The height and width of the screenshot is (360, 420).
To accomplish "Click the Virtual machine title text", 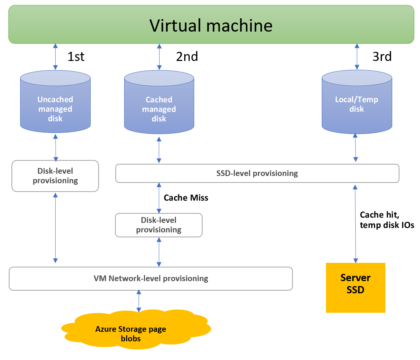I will tap(211, 26).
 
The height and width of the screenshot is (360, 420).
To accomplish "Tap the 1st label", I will tap(76, 56).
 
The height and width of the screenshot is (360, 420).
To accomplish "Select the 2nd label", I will tap(187, 56).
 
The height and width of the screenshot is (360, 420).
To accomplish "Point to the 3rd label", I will tap(382, 56).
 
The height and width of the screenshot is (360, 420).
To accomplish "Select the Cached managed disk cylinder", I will tap(159, 103).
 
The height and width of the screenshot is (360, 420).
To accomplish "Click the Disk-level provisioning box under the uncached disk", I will tap(55, 176).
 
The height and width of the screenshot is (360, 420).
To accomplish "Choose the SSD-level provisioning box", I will tap(257, 173).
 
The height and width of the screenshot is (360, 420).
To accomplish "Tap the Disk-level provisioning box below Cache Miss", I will tap(159, 225).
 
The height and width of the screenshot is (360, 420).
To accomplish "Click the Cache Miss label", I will tap(186, 198).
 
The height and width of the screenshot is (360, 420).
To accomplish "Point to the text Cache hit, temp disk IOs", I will tap(386, 219).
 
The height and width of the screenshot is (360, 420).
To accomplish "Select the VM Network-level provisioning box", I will tap(150, 278).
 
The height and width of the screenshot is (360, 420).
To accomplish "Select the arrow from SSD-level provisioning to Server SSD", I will tap(356, 223).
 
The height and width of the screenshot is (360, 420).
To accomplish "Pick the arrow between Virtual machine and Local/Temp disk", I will tap(357, 56).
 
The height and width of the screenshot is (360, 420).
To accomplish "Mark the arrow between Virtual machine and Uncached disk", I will tap(55, 56).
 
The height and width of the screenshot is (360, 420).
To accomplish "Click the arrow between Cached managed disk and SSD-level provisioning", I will tap(159, 150).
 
